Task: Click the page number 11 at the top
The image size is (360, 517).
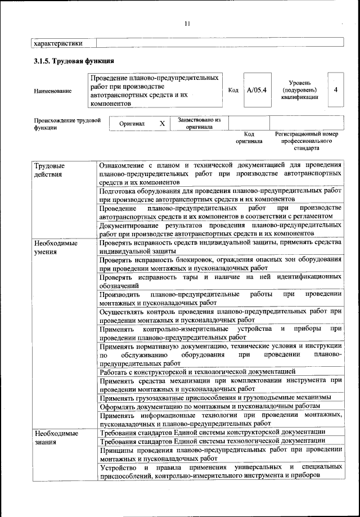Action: pyautogui.click(x=187, y=23)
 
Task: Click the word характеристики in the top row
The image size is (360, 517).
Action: pyautogui.click(x=58, y=43)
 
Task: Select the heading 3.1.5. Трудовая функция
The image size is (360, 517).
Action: pyautogui.click(x=74, y=61)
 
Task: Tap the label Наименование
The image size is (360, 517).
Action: pyautogui.click(x=53, y=91)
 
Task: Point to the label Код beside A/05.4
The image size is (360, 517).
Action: pyautogui.click(x=233, y=90)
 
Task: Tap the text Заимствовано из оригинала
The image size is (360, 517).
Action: pyautogui.click(x=199, y=123)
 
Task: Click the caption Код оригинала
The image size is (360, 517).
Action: pyautogui.click(x=249, y=138)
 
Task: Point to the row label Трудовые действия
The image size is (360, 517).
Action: pyautogui.click(x=49, y=170)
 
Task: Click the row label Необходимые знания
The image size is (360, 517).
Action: pyautogui.click(x=55, y=438)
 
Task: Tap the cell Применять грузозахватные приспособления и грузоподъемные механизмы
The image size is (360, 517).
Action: pyautogui.click(x=215, y=397)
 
